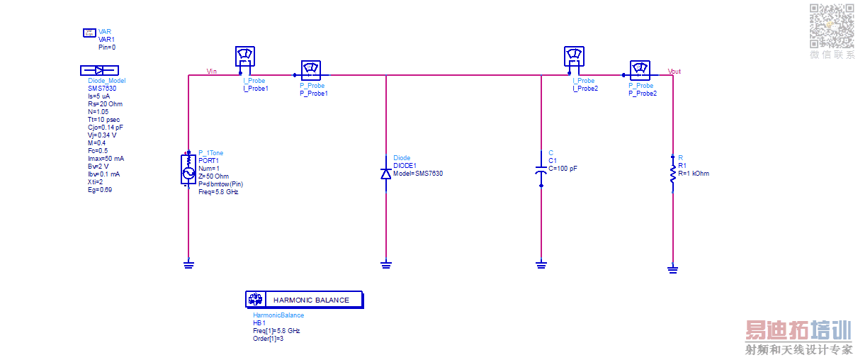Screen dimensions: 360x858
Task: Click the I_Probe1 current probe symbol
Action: tap(244, 56)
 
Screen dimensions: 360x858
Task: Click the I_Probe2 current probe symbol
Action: tap(574, 56)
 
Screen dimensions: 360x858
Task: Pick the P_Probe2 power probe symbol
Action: tap(640, 69)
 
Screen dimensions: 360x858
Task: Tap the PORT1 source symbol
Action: tap(188, 172)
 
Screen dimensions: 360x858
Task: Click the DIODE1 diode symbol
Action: tap(386, 174)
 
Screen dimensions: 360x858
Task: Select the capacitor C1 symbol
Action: tap(541, 170)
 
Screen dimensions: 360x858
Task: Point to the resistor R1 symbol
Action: tap(672, 173)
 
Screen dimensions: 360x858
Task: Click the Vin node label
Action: tap(211, 71)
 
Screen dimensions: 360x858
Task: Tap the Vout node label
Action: tap(674, 72)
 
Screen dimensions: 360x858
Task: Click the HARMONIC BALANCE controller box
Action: tap(304, 300)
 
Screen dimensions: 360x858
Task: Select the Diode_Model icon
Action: tap(99, 70)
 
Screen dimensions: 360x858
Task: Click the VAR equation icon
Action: tap(89, 33)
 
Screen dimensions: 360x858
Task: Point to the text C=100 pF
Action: tap(563, 169)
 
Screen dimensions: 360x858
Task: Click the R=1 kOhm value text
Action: tap(694, 173)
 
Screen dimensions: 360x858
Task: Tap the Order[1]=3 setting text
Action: tap(269, 338)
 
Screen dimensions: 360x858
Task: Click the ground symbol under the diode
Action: tap(386, 265)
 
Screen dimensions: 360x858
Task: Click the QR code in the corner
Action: tap(832, 26)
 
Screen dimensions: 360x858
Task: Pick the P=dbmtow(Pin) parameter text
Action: tap(221, 184)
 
